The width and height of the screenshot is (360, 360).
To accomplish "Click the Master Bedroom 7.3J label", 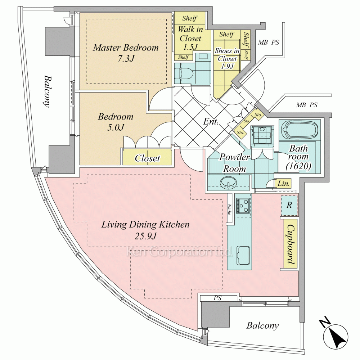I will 126,53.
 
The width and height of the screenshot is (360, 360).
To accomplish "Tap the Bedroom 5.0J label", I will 116,122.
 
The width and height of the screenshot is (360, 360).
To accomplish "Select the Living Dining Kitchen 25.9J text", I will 145,230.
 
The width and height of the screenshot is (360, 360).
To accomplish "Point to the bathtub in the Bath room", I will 300,130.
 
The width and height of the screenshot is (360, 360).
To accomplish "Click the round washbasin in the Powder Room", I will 228,182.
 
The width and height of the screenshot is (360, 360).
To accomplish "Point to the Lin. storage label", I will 284,184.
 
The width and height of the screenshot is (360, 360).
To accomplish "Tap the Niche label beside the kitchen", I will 229,210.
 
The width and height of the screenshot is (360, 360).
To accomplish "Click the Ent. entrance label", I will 211,122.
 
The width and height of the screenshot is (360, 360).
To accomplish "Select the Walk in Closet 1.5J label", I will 191,38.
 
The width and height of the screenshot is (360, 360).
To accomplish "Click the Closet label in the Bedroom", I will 147,158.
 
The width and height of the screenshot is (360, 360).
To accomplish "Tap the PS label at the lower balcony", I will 217,298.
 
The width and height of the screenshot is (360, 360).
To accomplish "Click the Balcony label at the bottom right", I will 262,326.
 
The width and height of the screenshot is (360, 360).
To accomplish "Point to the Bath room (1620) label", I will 298,157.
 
